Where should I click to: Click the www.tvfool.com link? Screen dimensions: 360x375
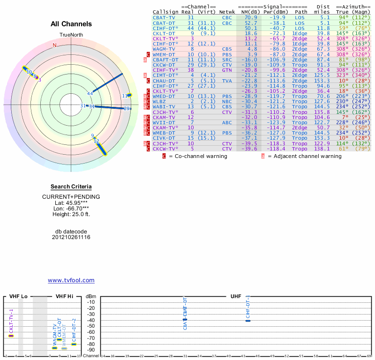click(x=71, y=280)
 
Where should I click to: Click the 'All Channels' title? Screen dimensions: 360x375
click(x=71, y=24)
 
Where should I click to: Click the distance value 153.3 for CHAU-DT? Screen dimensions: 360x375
click(x=322, y=80)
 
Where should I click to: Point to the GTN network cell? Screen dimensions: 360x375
click(x=227, y=69)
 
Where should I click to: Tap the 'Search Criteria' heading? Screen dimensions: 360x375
click(x=71, y=187)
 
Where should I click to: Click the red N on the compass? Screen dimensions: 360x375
click(x=54, y=45)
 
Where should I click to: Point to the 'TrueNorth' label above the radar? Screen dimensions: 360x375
click(x=71, y=36)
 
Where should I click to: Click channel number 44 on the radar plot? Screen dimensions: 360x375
click(x=90, y=93)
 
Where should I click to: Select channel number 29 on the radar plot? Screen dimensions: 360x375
click(x=127, y=109)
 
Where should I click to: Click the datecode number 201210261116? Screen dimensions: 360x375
click(x=71, y=237)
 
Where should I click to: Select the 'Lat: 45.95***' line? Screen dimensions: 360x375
click(x=71, y=202)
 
